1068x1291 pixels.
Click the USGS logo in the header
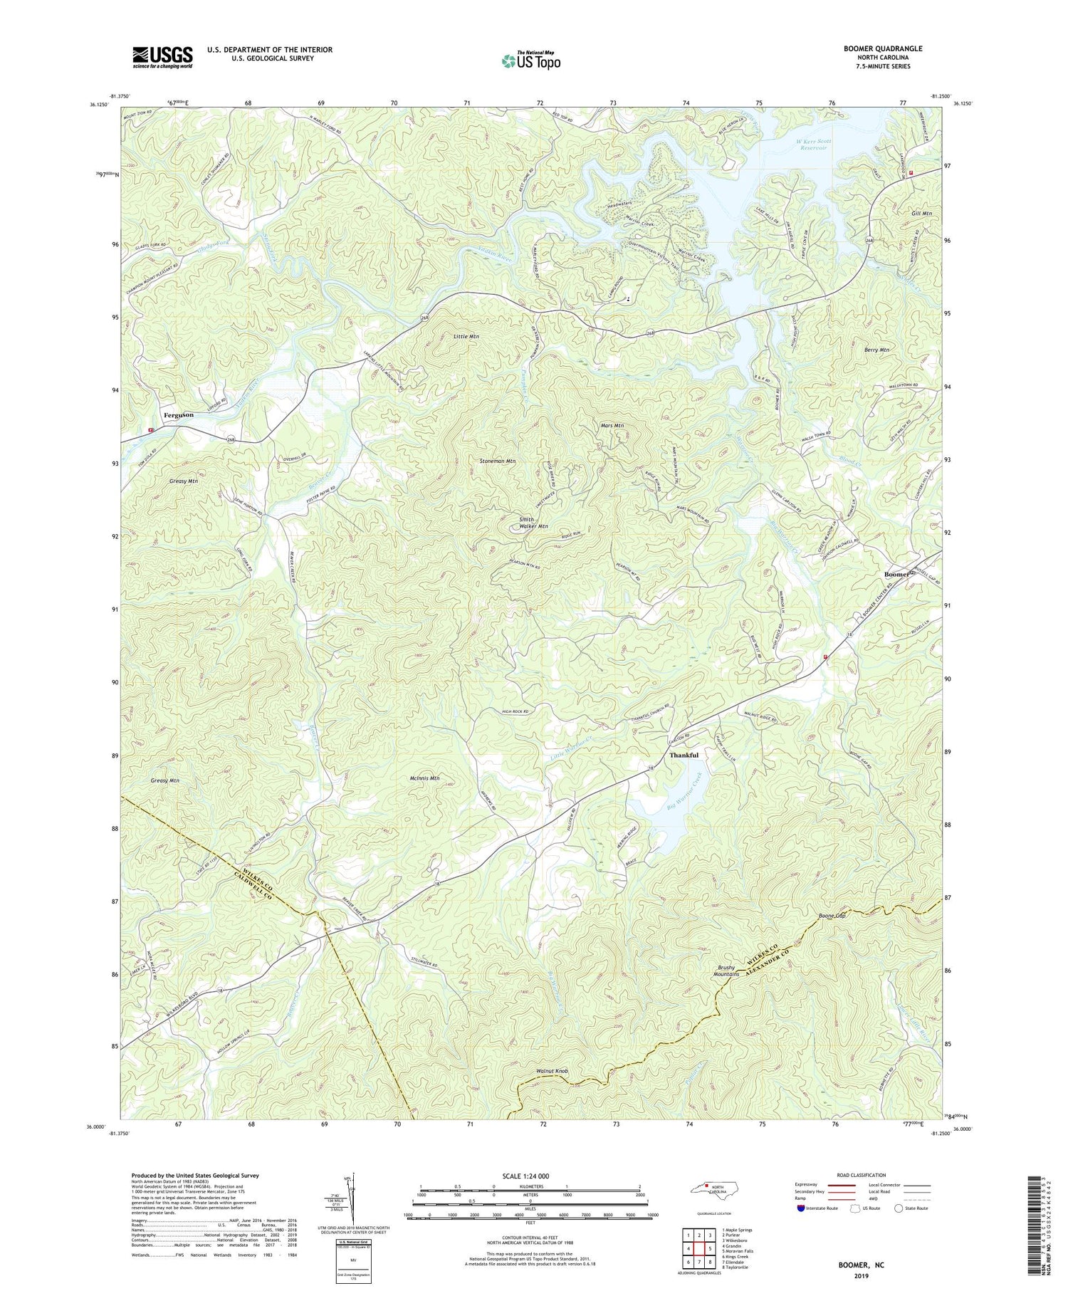(162, 57)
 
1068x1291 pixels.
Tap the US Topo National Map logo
(530, 61)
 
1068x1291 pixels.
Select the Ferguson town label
(179, 414)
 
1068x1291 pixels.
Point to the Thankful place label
(684, 755)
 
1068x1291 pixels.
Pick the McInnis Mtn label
(424, 778)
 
